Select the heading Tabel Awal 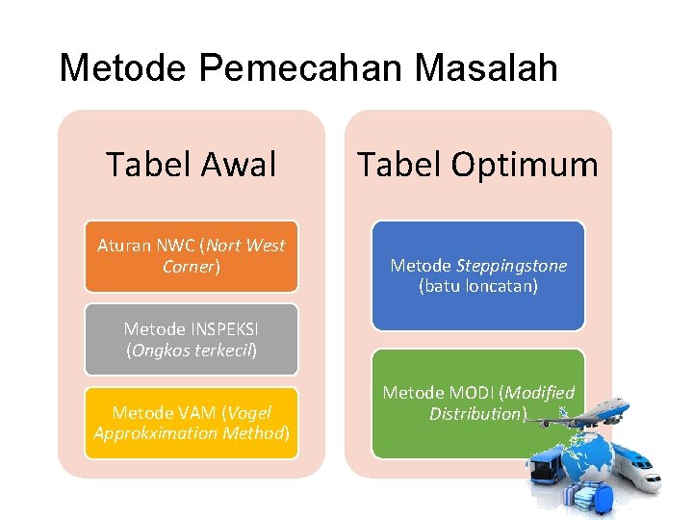[x=191, y=165]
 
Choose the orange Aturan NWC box [x=191, y=256]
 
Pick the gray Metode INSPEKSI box [x=191, y=340]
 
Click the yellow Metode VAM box [x=191, y=423]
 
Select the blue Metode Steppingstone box [x=478, y=275]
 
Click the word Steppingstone [x=512, y=265]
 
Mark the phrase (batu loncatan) [x=478, y=286]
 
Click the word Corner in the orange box [x=190, y=267]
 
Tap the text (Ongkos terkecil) [x=192, y=351]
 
